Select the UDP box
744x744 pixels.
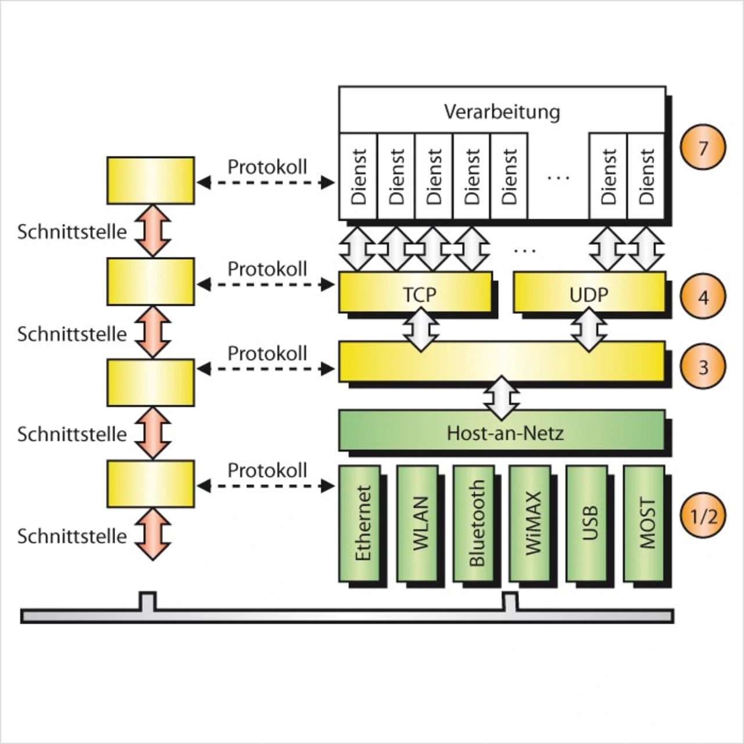[589, 294]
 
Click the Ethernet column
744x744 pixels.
[360, 523]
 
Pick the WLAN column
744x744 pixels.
[418, 523]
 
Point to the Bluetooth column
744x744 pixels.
[474, 523]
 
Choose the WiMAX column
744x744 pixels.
[531, 523]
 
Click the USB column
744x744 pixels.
[588, 523]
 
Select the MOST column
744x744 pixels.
[645, 523]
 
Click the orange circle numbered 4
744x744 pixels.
[703, 297]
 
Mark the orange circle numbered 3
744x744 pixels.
[703, 367]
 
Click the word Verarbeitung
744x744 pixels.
[502, 111]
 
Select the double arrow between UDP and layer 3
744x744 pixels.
[589, 330]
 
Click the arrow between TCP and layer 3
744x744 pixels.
[421, 330]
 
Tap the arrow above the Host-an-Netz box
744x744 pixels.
[502, 398]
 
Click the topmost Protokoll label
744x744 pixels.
[267, 167]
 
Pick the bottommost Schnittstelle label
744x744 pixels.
[71, 536]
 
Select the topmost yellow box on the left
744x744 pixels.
[151, 180]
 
